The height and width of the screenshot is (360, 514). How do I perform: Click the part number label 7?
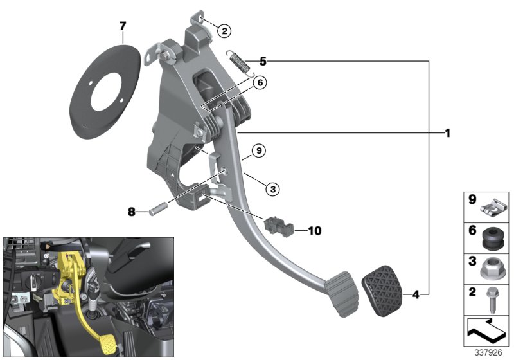[x=123, y=26]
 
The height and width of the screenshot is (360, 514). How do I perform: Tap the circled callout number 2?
[x=224, y=30]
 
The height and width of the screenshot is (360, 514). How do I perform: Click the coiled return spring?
[x=240, y=65]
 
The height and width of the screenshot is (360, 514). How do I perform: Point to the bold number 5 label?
[x=262, y=61]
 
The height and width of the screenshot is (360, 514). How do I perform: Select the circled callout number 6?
[x=260, y=83]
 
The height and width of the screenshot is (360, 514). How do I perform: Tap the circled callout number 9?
[x=257, y=152]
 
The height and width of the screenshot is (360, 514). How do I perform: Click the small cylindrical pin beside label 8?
[x=158, y=210]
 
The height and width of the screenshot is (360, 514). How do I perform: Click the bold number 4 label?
[x=416, y=295]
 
